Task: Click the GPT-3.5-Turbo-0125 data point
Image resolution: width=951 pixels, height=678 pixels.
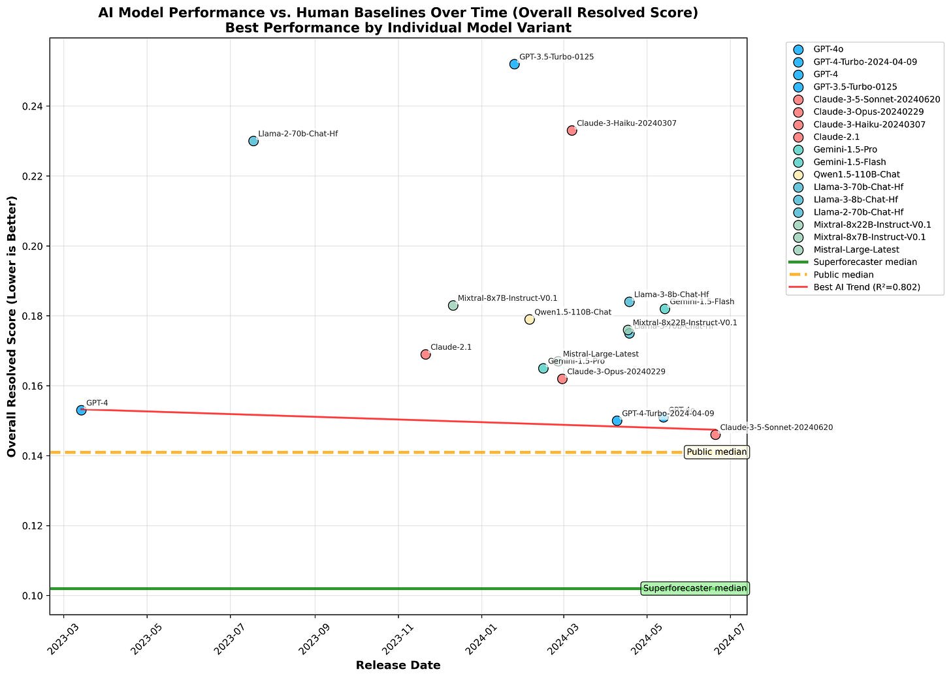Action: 514,64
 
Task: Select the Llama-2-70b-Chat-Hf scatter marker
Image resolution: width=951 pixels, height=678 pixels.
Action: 253,141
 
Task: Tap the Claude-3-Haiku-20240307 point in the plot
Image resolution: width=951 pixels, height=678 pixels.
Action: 572,131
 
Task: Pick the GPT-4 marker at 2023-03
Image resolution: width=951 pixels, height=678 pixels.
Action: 81,410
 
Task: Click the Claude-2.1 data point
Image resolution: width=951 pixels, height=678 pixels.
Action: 425,354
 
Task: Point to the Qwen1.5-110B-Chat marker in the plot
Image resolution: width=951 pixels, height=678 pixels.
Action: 529,319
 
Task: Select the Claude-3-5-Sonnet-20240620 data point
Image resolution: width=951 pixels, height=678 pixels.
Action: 715,435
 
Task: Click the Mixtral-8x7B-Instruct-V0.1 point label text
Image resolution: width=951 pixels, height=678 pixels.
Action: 508,298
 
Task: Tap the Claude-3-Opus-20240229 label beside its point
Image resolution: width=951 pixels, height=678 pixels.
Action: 616,372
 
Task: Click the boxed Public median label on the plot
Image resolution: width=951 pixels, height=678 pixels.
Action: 716,452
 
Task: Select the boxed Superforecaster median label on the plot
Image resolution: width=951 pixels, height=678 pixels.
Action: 694,589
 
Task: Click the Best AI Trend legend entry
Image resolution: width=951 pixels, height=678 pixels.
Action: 867,287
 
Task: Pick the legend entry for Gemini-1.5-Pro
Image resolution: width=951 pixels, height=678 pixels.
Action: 845,150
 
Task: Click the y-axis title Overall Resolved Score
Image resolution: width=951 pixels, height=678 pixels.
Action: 12,326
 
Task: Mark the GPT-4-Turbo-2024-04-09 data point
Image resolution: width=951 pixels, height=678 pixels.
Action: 617,421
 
